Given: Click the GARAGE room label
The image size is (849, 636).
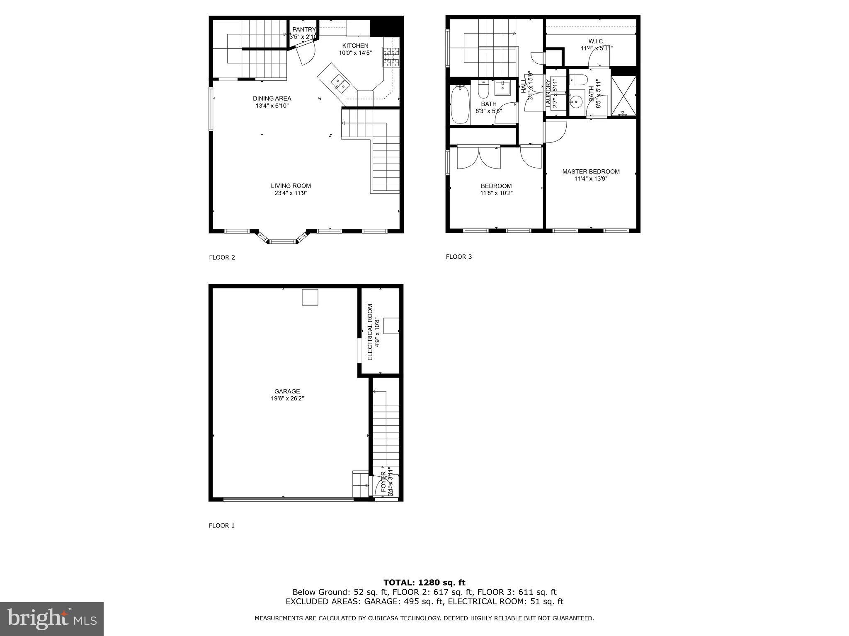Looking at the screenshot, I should click(287, 391).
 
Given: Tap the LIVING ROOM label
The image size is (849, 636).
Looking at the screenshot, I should click(291, 186).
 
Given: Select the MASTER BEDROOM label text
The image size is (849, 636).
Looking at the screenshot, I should click(591, 171).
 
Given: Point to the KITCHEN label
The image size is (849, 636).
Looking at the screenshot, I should click(355, 46).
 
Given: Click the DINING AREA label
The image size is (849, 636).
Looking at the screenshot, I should click(272, 99).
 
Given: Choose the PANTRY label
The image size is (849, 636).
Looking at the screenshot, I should click(304, 29).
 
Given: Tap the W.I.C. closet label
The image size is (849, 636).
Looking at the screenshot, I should click(596, 41).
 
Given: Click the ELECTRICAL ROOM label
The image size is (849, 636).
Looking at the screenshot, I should click(370, 332).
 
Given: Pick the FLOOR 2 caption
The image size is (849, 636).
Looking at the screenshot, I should click(222, 257).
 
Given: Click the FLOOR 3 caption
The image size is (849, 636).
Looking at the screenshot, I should click(458, 257).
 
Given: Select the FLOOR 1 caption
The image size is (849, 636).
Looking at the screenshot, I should click(221, 525).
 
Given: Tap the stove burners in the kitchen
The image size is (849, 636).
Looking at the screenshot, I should click(391, 57).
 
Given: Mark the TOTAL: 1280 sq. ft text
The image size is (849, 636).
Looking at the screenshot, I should click(424, 583).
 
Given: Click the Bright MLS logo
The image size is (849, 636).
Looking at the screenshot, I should click(52, 619).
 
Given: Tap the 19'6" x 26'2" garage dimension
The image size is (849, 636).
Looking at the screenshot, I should click(287, 399).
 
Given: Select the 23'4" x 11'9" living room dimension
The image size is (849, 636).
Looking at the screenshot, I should click(291, 193).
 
